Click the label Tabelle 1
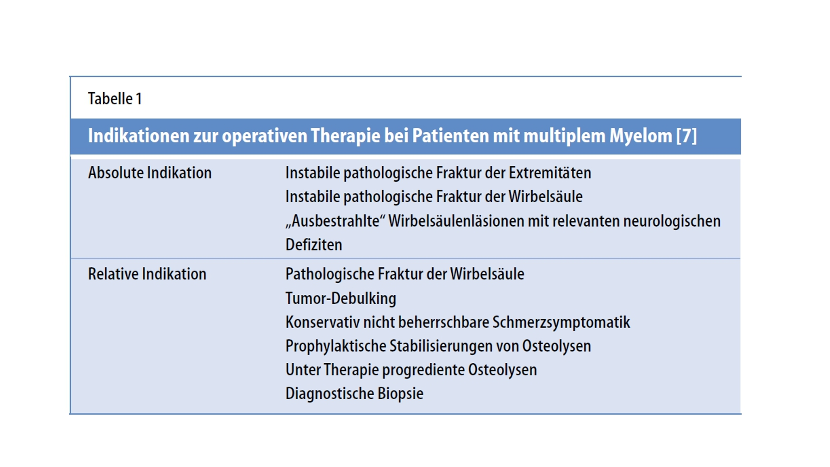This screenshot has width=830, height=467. click(115, 99)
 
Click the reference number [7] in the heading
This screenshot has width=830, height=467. click(686, 136)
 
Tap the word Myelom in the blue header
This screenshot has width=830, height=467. click(641, 136)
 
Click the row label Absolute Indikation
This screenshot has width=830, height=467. click(150, 173)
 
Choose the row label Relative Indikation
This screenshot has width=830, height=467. click(147, 274)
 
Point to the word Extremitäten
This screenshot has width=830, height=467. click(550, 173)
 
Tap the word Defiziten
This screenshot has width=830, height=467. click(314, 245)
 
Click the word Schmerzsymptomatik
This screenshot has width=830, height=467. click(561, 323)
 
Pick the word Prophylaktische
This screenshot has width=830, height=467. click(336, 346)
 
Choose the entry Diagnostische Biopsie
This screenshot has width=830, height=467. click(354, 394)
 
